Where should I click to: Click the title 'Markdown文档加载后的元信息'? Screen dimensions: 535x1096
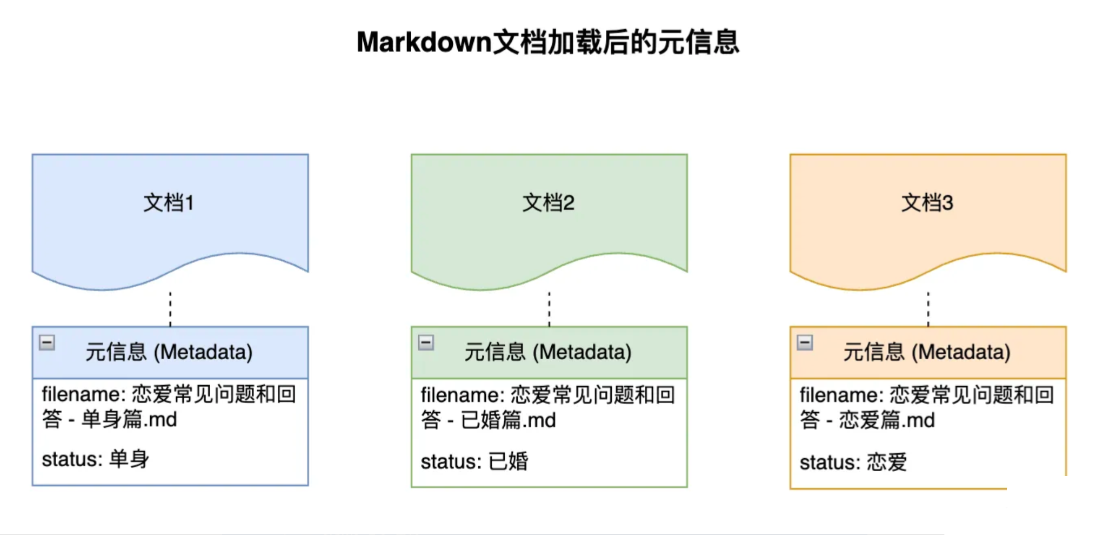(x=547, y=42)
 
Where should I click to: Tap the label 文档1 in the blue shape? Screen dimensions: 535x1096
(x=169, y=203)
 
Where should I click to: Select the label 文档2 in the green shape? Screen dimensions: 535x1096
(x=548, y=203)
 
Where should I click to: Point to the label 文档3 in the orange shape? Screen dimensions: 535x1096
(x=927, y=203)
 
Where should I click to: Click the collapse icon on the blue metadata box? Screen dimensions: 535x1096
(x=47, y=342)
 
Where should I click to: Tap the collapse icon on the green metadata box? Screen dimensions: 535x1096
(x=426, y=342)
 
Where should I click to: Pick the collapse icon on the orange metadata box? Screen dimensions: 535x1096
(x=805, y=342)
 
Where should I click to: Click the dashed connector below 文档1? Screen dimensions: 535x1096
(x=170, y=308)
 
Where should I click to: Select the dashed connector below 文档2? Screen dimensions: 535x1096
(x=549, y=308)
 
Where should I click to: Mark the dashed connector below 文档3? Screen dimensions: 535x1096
(x=928, y=308)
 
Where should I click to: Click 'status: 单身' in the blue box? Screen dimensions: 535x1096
(x=95, y=459)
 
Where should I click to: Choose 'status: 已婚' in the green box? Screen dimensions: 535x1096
(x=474, y=461)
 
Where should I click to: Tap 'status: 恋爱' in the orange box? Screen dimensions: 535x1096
(x=853, y=463)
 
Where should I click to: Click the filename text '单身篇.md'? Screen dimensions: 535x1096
(x=129, y=419)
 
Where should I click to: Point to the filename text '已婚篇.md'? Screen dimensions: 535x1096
(x=508, y=420)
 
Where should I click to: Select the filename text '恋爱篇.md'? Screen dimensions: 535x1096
(x=887, y=420)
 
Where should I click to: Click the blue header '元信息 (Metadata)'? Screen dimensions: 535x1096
(x=169, y=352)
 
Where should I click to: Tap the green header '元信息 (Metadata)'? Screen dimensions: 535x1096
(x=548, y=352)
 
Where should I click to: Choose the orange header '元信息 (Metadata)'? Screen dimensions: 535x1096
(x=927, y=352)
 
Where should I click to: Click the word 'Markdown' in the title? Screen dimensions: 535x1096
(x=424, y=42)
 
